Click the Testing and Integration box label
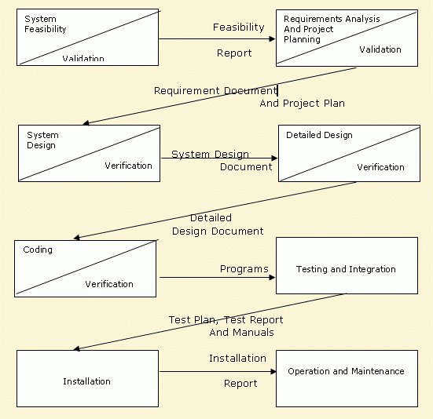point(346,269)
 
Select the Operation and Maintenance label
point(346,371)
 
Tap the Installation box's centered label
point(86,381)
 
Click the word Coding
point(38,250)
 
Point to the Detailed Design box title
point(319,135)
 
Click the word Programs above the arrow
point(244,269)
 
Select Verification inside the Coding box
point(109,284)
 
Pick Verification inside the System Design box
point(128,166)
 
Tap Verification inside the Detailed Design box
point(380,167)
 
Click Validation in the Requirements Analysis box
point(380,49)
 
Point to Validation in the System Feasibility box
point(83,58)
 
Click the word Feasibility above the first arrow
point(239,27)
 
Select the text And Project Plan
point(302,104)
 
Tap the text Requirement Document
point(215,91)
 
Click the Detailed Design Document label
point(218,224)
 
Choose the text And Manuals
point(241,333)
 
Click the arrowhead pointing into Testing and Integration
point(272,277)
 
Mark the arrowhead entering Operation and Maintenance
point(273,372)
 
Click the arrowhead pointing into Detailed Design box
point(274,158)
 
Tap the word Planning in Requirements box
point(302,39)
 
